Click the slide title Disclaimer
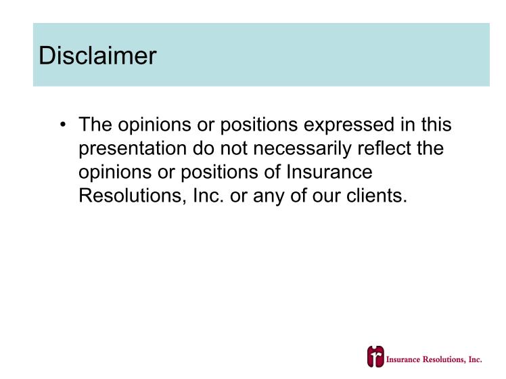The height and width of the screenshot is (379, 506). [x=97, y=55]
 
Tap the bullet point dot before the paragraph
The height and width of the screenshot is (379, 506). [x=63, y=125]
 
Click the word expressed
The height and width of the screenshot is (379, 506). [x=349, y=125]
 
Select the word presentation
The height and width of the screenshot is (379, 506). [x=133, y=148]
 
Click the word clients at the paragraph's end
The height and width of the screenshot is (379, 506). [x=377, y=196]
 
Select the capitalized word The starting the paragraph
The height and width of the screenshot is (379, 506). [x=95, y=125]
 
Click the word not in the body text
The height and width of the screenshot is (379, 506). [x=233, y=148]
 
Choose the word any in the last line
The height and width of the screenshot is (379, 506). [x=269, y=197]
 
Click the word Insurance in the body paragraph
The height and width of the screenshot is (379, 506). [x=329, y=172]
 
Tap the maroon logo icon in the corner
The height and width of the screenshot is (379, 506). [x=375, y=357]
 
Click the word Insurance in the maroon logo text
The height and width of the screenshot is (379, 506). [x=403, y=359]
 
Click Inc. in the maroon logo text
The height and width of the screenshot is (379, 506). [x=475, y=359]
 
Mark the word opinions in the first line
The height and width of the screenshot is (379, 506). [x=154, y=125]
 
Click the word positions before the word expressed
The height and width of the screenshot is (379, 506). [x=259, y=125]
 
